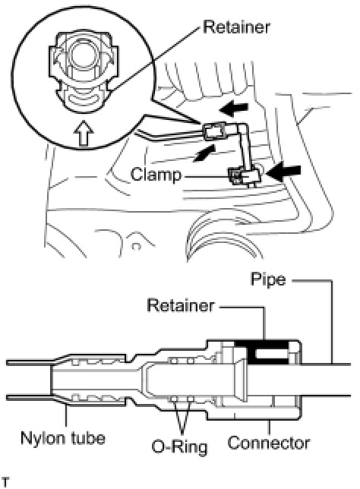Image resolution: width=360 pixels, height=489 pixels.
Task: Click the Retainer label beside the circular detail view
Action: (x=236, y=27)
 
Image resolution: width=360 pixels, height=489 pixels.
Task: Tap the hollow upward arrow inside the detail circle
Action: (x=84, y=133)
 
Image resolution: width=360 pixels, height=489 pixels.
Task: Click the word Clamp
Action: (x=156, y=175)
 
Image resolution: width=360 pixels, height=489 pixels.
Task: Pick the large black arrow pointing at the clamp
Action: (x=285, y=172)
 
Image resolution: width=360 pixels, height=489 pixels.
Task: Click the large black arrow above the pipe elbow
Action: (x=234, y=109)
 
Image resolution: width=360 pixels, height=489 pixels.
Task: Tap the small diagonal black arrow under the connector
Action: (x=204, y=153)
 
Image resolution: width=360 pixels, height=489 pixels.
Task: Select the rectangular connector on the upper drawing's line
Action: (x=215, y=133)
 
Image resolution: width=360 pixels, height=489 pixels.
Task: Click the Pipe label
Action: (x=268, y=280)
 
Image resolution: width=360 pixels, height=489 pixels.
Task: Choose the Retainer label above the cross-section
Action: (x=181, y=305)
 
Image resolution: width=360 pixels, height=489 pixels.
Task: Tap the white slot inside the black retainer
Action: (x=271, y=354)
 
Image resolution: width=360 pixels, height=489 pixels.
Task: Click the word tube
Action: (x=88, y=438)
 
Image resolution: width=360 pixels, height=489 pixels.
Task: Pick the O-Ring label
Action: (x=180, y=447)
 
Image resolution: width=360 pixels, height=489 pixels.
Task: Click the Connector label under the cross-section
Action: (x=269, y=443)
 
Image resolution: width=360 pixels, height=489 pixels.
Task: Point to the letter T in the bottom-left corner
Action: (x=5, y=481)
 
